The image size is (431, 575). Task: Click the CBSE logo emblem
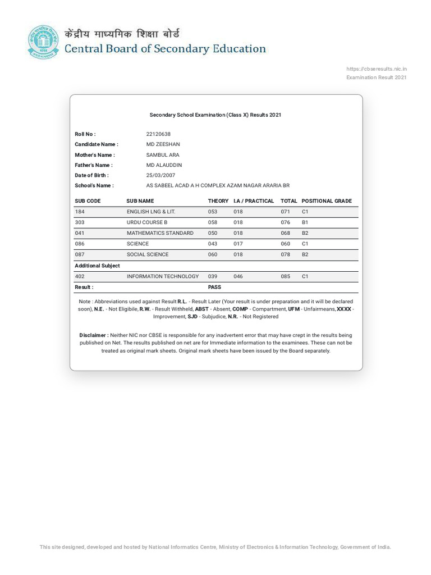pos(43,42)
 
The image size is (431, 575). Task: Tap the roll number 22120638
pos(158,134)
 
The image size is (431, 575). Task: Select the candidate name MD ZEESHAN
pos(163,144)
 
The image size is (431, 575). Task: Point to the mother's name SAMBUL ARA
pos(163,155)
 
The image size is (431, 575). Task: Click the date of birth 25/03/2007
pos(161,175)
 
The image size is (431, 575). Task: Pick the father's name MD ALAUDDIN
pos(164,165)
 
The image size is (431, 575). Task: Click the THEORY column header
pos(218,201)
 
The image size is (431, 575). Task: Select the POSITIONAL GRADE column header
pos(327,201)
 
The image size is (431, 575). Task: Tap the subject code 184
pos(80,212)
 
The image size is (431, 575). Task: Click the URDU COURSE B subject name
pos(147,222)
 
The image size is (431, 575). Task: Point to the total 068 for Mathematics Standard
pos(286,233)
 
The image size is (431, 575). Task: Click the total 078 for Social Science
pos(286,254)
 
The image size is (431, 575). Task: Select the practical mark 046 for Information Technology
pos(239,276)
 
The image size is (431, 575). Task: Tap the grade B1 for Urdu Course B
pos(305,222)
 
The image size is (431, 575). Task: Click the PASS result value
pos(214,287)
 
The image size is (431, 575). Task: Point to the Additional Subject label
pos(97,266)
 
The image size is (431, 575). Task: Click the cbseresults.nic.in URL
pos(377,69)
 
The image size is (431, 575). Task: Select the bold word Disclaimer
pos(93,335)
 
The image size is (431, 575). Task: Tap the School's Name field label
pos(94,185)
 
